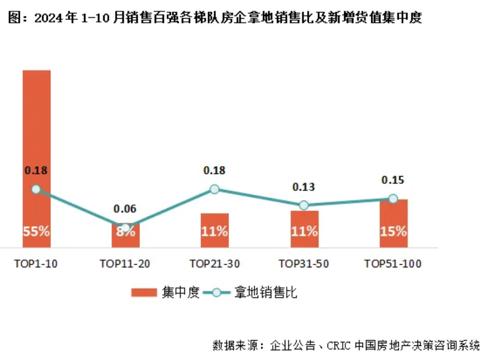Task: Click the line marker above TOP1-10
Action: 36,189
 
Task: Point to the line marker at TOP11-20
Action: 125,227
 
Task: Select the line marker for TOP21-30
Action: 215,189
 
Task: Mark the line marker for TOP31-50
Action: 305,205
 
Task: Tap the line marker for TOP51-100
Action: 393,198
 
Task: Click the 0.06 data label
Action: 125,209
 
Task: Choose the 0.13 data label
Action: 305,187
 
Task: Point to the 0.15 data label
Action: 393,180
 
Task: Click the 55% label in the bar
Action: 36,232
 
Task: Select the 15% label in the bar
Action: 393,232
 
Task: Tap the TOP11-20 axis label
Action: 125,264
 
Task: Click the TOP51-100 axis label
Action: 393,264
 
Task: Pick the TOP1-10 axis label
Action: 36,264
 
